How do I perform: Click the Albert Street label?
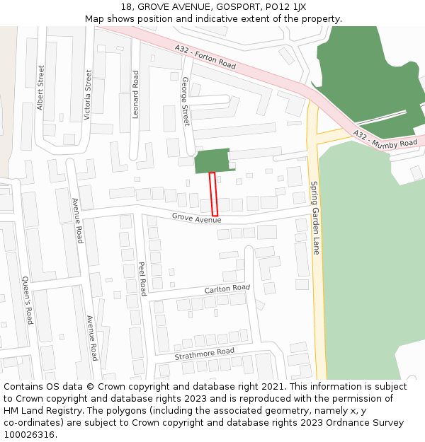tap(40, 88)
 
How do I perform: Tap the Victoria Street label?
tap(88, 95)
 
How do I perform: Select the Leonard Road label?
tap(135, 94)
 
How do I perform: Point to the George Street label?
tap(186, 101)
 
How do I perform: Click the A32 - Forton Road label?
tap(205, 56)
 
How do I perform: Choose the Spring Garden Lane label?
tap(316, 217)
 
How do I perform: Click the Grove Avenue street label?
tap(196, 219)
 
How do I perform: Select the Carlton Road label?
tap(227, 289)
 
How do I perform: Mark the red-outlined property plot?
tap(213, 194)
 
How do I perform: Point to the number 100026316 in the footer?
tap(30, 435)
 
